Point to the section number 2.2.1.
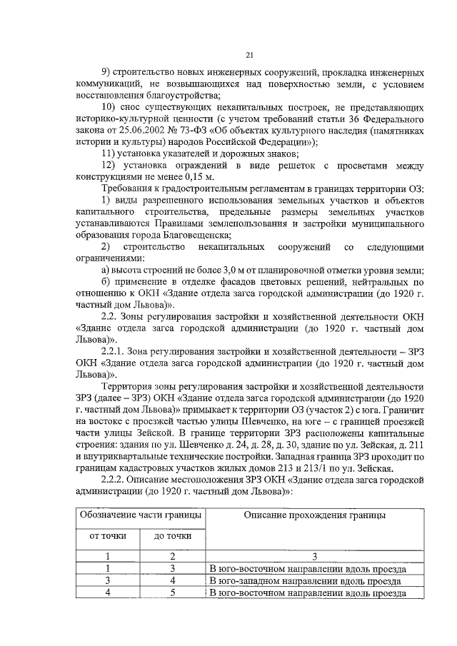116,350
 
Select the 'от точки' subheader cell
107,536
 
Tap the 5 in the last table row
172,592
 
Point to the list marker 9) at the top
109,73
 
